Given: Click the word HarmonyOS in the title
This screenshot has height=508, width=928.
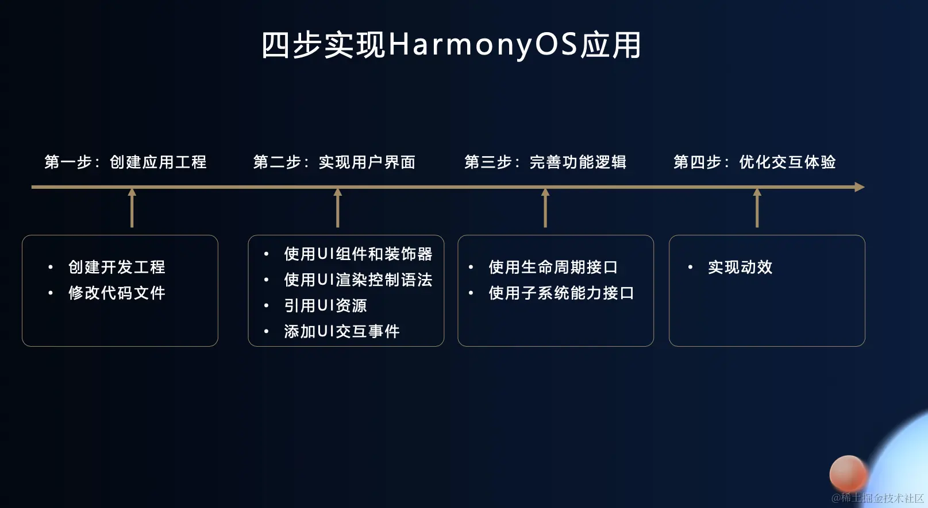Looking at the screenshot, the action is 483,45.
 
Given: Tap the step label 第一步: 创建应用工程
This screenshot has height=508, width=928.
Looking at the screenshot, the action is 125,162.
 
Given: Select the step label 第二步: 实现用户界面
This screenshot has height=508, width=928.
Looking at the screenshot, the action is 334,162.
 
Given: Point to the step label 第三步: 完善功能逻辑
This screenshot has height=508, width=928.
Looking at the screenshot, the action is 545,162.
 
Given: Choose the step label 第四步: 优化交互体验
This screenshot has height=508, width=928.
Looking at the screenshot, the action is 754,162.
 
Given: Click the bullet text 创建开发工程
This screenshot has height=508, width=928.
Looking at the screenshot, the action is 117,267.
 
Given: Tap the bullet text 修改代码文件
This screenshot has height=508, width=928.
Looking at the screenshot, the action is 117,293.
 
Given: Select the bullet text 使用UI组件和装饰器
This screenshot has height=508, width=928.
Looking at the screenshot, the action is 359,254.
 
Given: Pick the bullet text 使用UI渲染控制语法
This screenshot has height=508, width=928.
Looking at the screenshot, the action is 359,280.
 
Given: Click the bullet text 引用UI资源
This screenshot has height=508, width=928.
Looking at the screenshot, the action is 326,305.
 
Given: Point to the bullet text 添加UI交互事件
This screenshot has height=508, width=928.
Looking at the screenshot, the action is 342,331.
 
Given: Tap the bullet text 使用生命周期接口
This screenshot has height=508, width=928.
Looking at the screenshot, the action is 553,267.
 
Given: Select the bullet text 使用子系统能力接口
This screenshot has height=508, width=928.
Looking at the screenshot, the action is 561,293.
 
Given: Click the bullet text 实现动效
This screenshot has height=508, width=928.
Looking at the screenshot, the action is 740,267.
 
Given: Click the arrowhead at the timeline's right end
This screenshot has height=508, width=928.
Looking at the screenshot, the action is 860,187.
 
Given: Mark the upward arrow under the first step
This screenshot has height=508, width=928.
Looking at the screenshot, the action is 132,208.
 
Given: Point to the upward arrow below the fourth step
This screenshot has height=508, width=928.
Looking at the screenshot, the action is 757,208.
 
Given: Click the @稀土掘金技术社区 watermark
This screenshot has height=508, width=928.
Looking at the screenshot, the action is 878,498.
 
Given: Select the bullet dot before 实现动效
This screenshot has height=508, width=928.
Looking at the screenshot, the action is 690,267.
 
